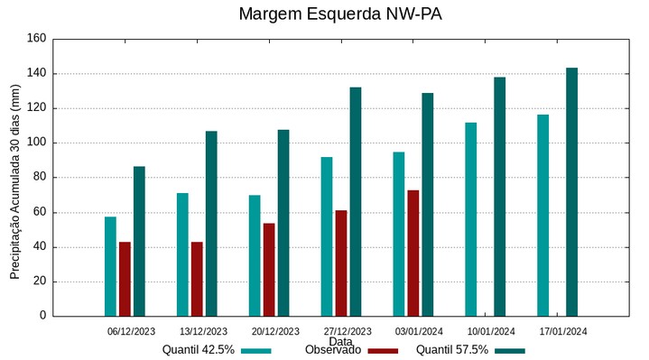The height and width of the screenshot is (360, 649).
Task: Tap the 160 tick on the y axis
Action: [36, 39]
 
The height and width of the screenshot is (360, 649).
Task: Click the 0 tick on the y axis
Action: [42, 316]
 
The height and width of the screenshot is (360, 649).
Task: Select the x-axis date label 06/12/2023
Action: [131, 331]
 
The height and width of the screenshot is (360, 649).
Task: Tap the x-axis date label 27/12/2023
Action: [347, 331]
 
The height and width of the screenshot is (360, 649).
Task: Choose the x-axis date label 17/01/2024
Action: [563, 331]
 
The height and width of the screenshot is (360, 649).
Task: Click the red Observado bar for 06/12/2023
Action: [125, 279]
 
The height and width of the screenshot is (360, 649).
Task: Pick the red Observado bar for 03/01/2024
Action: [413, 253]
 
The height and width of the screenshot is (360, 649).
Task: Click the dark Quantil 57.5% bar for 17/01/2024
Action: [571, 192]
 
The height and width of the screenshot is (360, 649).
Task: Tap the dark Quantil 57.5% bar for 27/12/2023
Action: [356, 201]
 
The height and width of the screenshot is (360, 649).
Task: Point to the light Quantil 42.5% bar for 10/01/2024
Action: [470, 219]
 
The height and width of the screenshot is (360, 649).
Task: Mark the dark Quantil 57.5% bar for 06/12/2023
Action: [139, 241]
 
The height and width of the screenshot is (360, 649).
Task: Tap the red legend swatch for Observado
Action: [383, 351]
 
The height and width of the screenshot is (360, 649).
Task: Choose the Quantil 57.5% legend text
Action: [452, 350]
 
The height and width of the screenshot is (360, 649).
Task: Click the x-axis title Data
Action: [340, 342]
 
